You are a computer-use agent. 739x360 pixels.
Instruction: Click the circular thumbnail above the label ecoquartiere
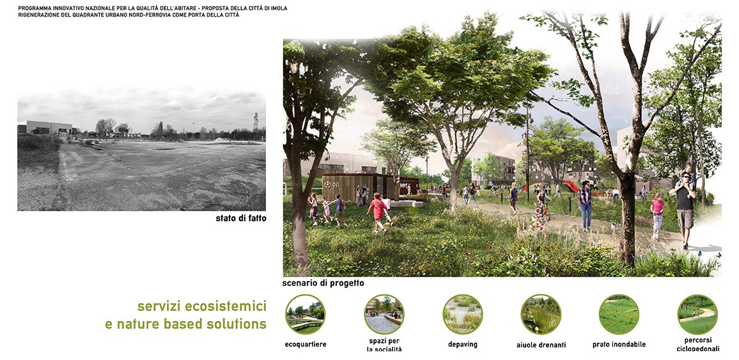305,315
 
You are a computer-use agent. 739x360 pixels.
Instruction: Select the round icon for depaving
462,315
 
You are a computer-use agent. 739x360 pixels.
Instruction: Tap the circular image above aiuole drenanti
541,315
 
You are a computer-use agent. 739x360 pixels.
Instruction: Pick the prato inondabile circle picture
619,315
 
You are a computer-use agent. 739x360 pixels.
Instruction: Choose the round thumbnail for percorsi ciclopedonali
697,315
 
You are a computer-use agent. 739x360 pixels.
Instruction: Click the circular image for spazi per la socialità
384,315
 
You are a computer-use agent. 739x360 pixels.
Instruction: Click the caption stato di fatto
241,218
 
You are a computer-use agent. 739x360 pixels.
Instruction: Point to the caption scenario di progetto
323,283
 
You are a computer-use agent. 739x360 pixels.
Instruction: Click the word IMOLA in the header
278,8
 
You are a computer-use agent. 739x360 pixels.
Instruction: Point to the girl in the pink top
657,215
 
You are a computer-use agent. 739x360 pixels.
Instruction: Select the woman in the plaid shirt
586,206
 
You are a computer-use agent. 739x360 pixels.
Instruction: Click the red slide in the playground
570,186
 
